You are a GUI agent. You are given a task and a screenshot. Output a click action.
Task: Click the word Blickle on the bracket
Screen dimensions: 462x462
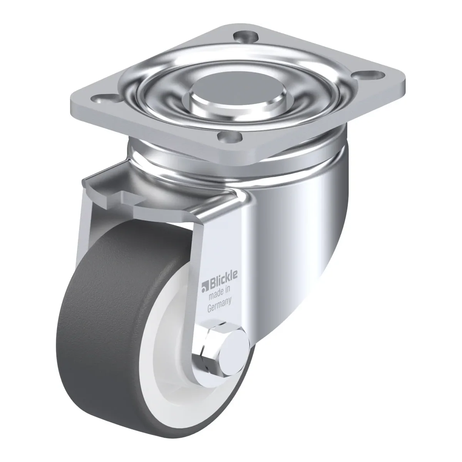click(x=224, y=278)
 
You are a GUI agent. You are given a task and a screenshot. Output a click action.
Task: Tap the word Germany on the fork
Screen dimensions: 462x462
click(x=219, y=305)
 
